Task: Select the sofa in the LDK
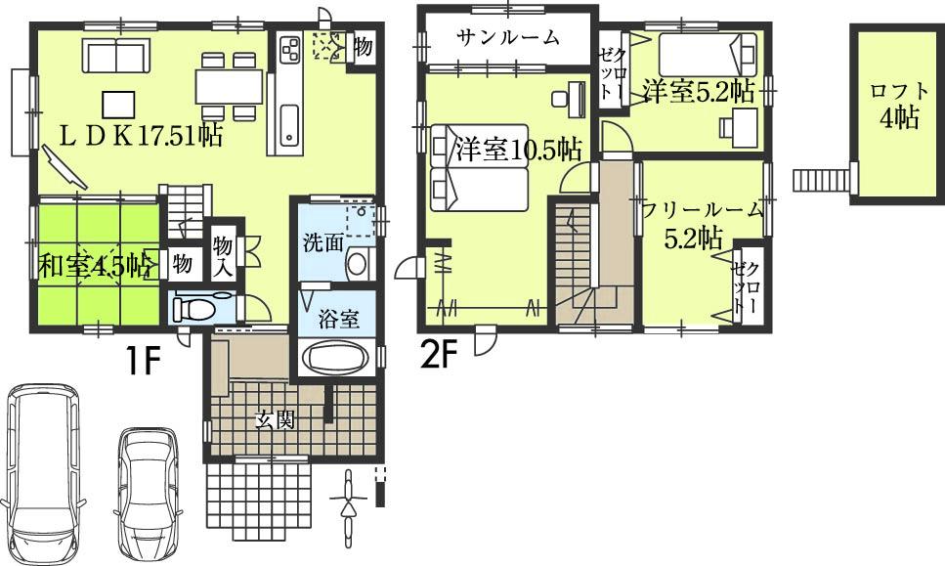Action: [x=116, y=58]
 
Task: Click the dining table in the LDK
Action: [x=230, y=87]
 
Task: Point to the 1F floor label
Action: [x=142, y=364]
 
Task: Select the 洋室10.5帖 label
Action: [x=518, y=150]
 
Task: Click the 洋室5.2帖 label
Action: [x=698, y=92]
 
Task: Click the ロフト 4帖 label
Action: [x=894, y=106]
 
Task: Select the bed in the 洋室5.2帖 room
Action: [x=706, y=50]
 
